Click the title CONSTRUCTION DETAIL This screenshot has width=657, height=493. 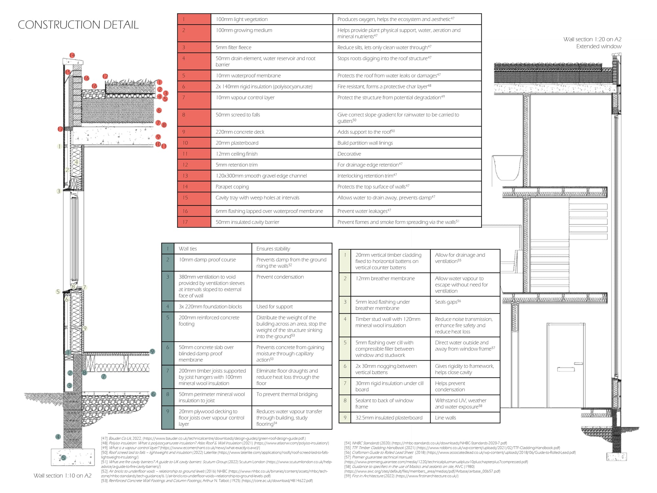pyautogui.click(x=78, y=25)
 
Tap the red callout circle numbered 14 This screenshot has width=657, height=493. pyautogui.click(x=72, y=55)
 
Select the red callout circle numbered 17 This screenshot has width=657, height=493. pyautogui.click(x=60, y=129)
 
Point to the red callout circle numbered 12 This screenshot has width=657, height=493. pyautogui.click(x=105, y=76)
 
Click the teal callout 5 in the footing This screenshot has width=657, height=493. pyautogui.click(x=64, y=458)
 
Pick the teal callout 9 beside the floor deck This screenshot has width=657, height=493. pyautogui.click(x=152, y=352)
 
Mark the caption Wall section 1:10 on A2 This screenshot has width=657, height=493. pyautogui.click(x=62, y=476)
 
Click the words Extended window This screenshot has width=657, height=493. pyautogui.click(x=599, y=46)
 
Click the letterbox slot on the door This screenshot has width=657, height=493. pyautogui.click(x=566, y=369)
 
